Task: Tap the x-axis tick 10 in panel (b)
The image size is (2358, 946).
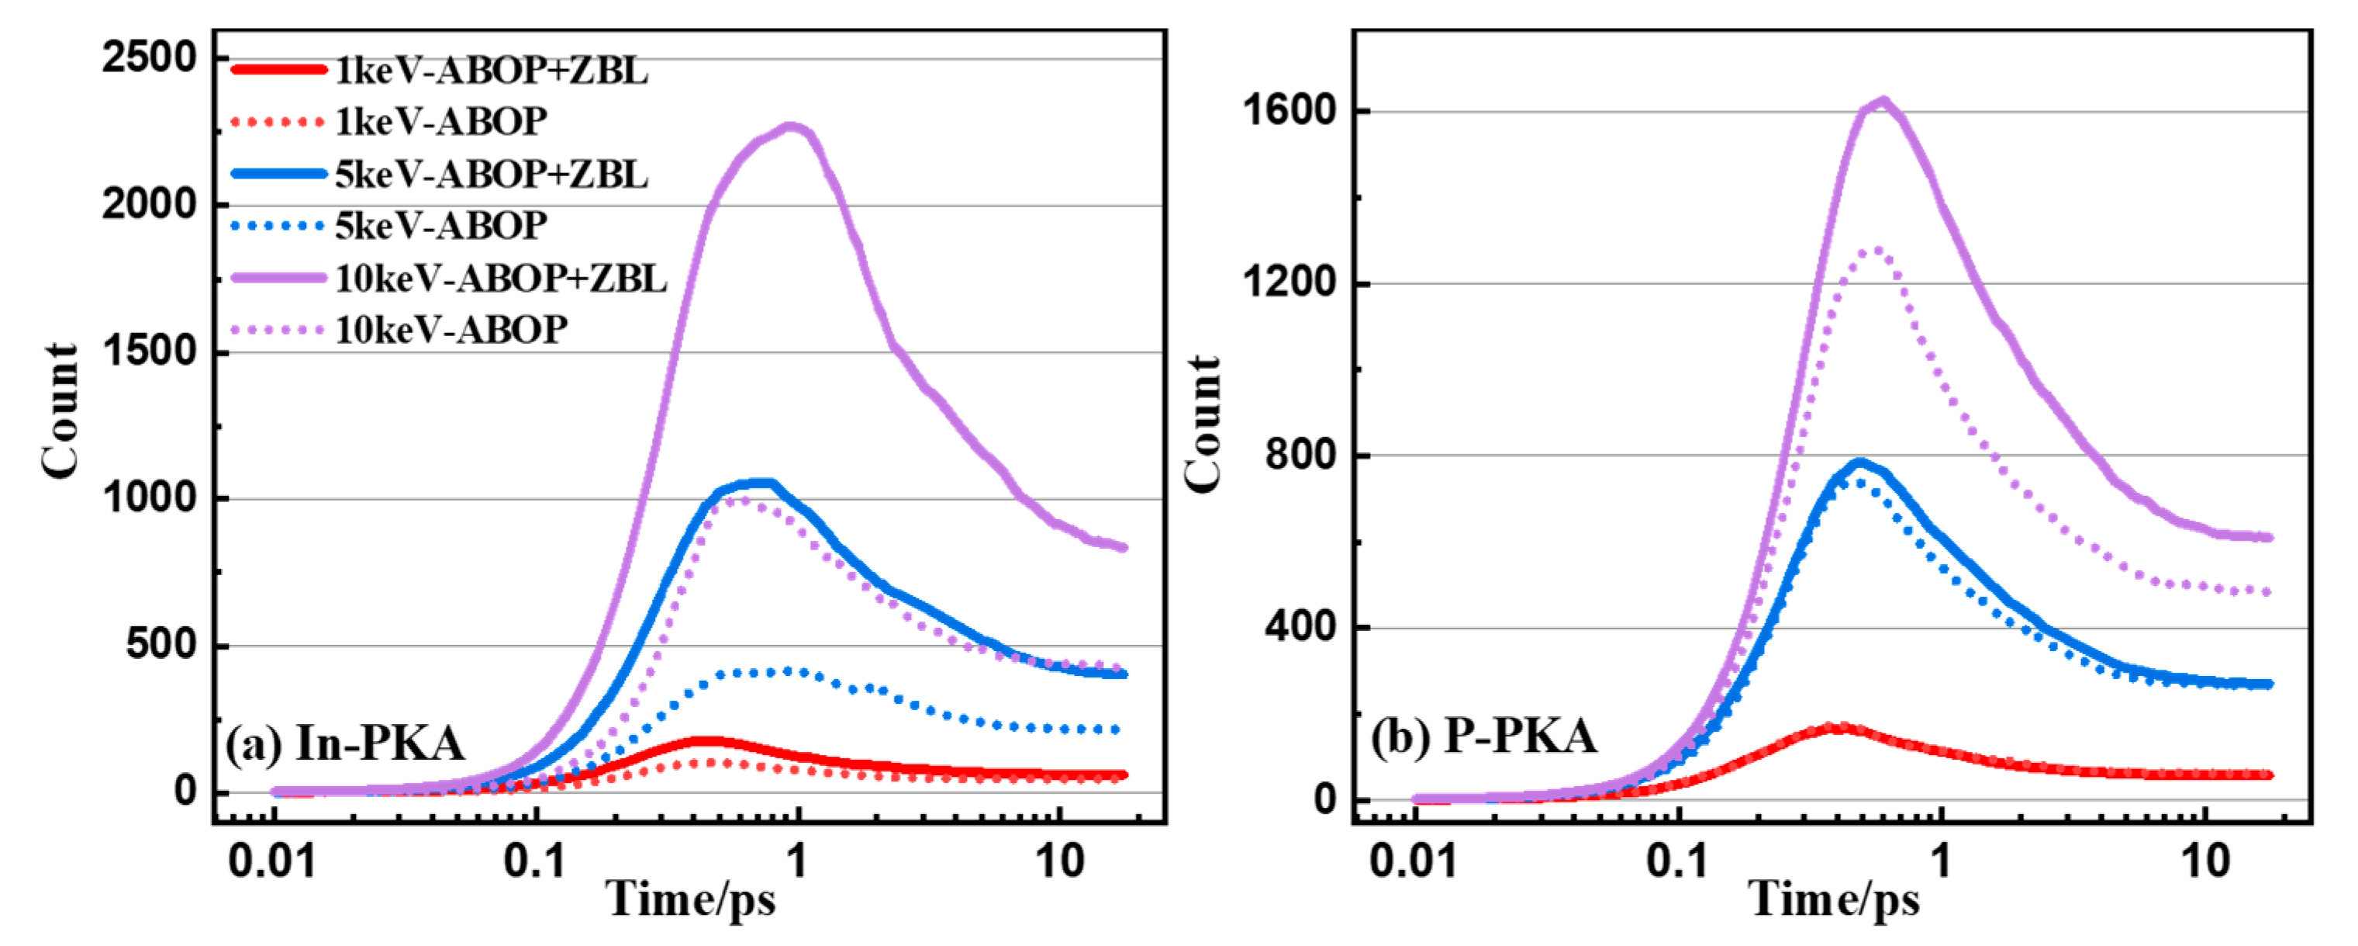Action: (2205, 861)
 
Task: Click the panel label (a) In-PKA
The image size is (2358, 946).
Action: (345, 743)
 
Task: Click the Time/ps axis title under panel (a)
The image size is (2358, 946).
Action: (690, 899)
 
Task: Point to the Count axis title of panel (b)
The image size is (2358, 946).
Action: (1202, 424)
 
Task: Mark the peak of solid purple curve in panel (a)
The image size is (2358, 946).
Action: (792, 127)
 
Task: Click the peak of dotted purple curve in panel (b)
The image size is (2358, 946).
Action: (1876, 249)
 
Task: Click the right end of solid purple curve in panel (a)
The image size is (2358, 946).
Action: (1125, 548)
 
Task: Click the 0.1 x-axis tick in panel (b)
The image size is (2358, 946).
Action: (1677, 861)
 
